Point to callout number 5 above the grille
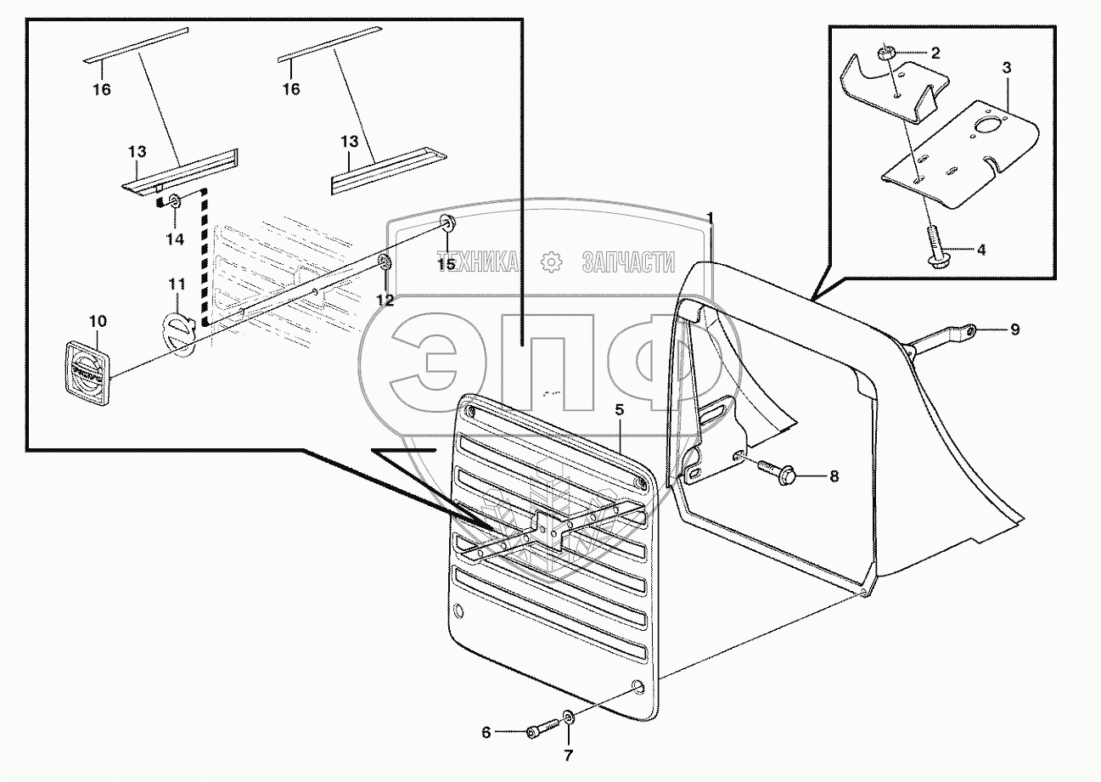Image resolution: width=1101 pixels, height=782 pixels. click(x=620, y=409)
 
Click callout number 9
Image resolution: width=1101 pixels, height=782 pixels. click(x=1014, y=329)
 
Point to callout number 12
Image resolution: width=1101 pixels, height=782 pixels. click(x=385, y=299)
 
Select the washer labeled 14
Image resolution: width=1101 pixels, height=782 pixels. click(x=174, y=202)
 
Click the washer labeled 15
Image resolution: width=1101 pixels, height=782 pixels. click(x=447, y=224)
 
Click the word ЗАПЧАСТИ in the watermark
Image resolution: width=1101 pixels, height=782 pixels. click(x=628, y=262)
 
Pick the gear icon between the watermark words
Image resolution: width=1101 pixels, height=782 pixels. click(x=553, y=262)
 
